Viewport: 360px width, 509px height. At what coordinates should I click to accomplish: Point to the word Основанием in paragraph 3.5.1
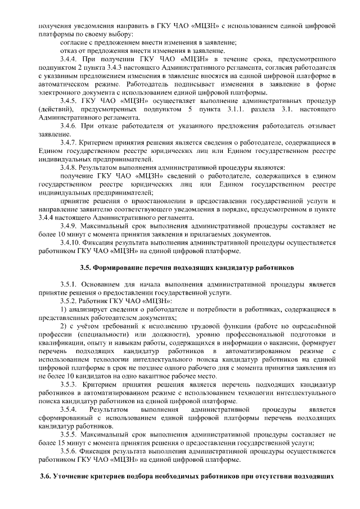pyautogui.click(x=106, y=283)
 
